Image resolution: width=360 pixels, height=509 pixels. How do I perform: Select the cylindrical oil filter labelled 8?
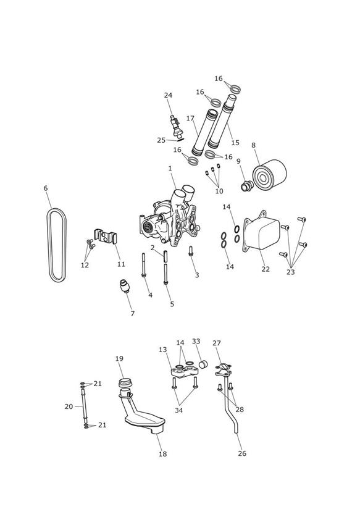(x=269, y=174)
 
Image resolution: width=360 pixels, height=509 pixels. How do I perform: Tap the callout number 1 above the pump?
(x=170, y=168)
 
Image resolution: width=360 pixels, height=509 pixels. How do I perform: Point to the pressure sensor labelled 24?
(x=176, y=126)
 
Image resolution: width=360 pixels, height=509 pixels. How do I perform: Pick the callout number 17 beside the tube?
(x=190, y=119)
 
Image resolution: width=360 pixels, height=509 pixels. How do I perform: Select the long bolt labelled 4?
(x=143, y=265)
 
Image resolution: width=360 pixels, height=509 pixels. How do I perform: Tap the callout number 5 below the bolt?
(x=172, y=304)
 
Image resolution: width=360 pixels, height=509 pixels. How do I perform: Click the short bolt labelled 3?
(x=191, y=251)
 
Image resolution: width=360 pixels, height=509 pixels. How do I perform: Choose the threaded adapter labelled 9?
(x=247, y=186)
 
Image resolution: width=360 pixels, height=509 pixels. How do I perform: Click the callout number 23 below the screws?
(x=291, y=272)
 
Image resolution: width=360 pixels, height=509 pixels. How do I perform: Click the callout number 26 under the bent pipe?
(x=242, y=453)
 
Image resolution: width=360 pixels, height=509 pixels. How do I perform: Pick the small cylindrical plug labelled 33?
(x=203, y=364)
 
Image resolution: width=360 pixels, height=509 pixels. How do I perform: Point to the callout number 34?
(x=179, y=410)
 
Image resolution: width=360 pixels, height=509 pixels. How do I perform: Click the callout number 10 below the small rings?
(x=219, y=191)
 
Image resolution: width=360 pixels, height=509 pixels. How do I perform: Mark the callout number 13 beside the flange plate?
(x=163, y=350)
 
